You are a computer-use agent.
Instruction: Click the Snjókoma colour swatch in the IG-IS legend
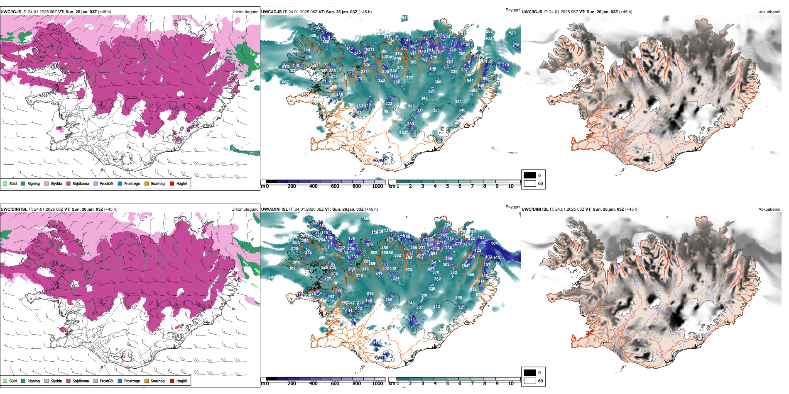[68, 183]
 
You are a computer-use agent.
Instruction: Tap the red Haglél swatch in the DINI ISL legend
[172, 381]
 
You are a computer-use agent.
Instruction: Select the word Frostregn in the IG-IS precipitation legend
[132, 183]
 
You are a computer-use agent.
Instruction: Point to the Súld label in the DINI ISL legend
[13, 381]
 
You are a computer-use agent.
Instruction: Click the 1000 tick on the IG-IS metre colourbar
[377, 186]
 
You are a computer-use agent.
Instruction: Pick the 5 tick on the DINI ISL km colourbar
[448, 384]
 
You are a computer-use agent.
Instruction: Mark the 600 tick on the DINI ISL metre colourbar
[335, 384]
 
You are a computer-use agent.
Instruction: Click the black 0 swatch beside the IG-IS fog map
[529, 175]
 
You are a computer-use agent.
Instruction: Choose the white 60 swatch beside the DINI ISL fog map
[529, 381]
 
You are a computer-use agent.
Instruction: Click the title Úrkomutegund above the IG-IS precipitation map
[245, 12]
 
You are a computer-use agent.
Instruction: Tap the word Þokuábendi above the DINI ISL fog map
[769, 209]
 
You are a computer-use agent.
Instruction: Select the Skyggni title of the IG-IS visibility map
[512, 10]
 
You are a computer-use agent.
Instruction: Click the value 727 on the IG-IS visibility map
[409, 78]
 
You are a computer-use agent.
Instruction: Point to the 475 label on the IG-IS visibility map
[512, 32]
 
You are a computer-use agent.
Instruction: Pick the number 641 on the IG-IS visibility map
[470, 80]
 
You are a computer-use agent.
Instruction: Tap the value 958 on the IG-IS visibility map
[397, 59]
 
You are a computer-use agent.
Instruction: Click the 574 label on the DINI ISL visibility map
[409, 270]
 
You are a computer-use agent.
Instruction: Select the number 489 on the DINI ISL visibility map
[322, 258]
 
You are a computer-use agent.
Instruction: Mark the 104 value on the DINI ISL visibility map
[494, 243]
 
